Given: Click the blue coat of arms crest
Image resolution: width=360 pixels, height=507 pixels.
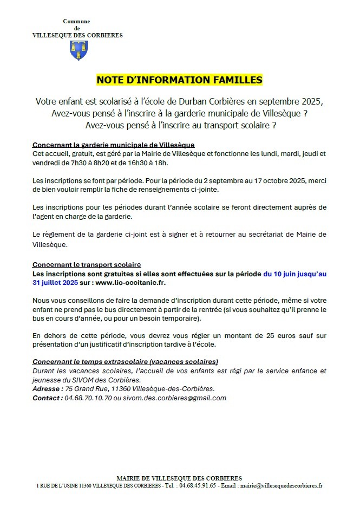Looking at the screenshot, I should coord(77,50).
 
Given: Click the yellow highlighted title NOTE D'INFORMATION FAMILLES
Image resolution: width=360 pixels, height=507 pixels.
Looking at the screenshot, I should coord(179,80).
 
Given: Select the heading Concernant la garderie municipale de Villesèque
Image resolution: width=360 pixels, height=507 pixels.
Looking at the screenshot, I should coord(113,145).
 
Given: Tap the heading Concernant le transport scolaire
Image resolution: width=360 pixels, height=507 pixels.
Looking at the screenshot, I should coord(87,265).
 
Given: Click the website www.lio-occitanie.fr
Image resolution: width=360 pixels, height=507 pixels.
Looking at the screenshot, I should coord(130,283).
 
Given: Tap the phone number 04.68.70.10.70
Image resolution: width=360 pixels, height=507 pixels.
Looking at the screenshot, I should coord(88,398).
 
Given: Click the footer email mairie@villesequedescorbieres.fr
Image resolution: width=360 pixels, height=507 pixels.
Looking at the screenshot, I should coord(282,486).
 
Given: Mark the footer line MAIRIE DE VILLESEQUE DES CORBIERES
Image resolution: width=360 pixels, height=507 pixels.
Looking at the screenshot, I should coord(179,478).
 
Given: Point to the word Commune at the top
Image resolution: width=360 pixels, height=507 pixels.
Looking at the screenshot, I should coord(76,21).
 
